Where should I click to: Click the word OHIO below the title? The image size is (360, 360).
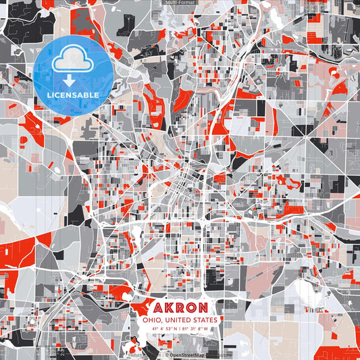click(148, 319)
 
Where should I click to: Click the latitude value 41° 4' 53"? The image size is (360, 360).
click(162, 329)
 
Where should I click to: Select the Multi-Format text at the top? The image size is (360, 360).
click(180, 3)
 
